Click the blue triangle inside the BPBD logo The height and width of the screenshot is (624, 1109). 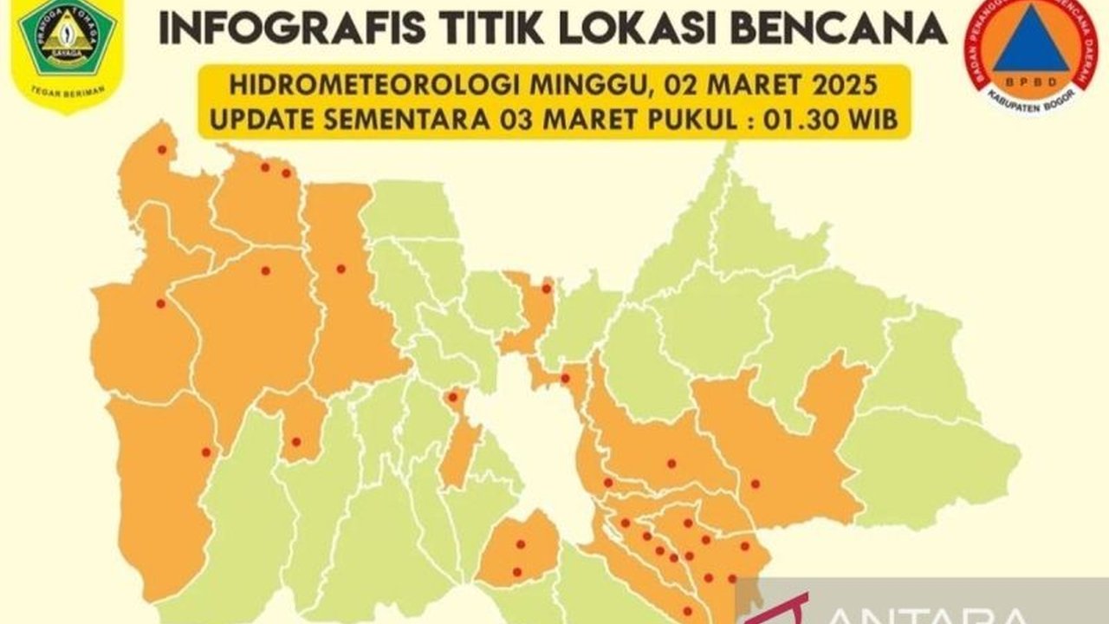click(x=1031, y=39)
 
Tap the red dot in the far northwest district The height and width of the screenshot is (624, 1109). click(x=162, y=150)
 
